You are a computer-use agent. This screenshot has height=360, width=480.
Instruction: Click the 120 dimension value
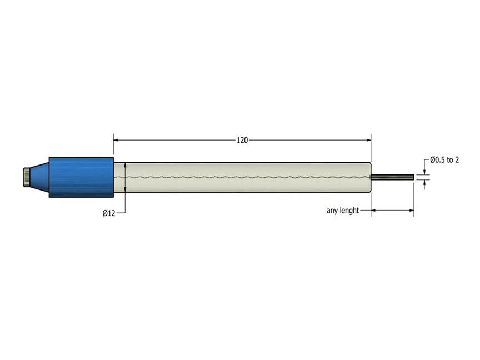click(x=242, y=141)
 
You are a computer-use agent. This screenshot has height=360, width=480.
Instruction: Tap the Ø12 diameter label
click(x=109, y=213)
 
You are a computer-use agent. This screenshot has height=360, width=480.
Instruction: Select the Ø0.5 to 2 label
click(x=444, y=159)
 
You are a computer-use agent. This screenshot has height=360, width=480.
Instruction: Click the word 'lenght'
click(x=348, y=211)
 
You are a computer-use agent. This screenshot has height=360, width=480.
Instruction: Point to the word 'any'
click(x=332, y=211)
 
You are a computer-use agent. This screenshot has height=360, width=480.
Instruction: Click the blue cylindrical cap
click(x=81, y=177)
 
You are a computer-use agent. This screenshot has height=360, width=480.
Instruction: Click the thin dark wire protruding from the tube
click(x=392, y=177)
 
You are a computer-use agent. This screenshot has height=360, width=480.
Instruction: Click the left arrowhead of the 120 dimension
click(x=117, y=141)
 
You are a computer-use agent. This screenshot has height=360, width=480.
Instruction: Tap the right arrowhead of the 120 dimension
click(x=367, y=141)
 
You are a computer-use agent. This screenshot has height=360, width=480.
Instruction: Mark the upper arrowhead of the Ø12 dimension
click(x=126, y=166)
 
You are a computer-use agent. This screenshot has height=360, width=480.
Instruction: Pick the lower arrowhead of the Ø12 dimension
click(x=126, y=189)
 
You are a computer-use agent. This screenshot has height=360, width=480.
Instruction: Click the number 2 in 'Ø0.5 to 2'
click(x=457, y=159)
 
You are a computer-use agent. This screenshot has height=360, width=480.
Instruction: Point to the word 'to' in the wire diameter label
click(x=449, y=159)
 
